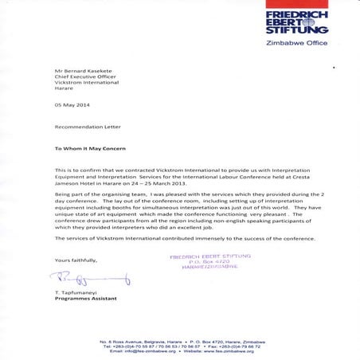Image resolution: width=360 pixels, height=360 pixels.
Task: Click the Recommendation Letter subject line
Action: [x=83, y=127]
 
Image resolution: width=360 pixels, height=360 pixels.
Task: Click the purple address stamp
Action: [x=209, y=261]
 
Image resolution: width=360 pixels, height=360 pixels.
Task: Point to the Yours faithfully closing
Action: [x=76, y=260]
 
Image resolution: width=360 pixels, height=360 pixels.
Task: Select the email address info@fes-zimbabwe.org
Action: [x=147, y=351]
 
